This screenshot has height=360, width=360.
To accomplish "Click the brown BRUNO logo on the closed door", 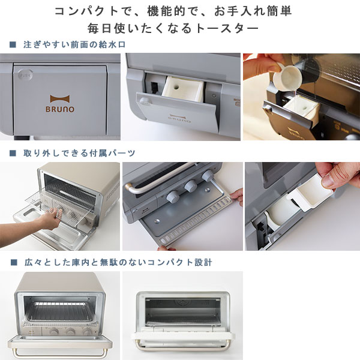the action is pos(60,104).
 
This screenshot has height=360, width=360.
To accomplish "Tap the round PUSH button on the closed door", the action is pos(25,75).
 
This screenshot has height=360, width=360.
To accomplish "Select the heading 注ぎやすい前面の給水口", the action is pos(74,44).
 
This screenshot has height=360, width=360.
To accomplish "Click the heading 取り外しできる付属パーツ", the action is pos(79,153).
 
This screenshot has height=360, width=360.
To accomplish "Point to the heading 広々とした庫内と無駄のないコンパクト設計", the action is pos(118,262).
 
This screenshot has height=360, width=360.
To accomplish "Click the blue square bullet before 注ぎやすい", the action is pos(13,44).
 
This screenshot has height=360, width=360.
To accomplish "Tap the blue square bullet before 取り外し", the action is pos(13,153).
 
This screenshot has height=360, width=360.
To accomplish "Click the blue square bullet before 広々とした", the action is pos(14,262).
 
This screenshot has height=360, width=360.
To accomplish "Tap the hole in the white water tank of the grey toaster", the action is pos(176,87).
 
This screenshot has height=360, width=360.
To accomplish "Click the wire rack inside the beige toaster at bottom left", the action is pos(60,311).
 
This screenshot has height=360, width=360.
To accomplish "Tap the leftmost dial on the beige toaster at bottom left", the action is pos(54,332).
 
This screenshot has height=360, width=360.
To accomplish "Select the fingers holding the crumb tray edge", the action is pos(236,196).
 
